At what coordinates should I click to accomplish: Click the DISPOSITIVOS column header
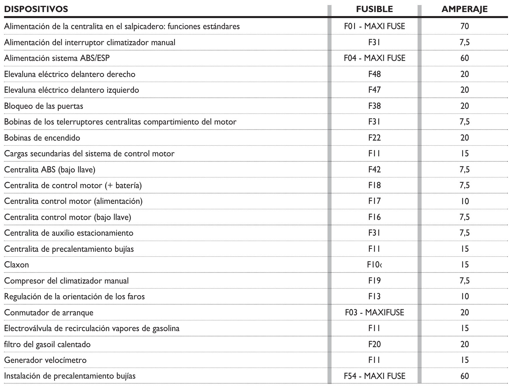tap(36, 9)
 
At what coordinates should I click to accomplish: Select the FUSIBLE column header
tap(374, 9)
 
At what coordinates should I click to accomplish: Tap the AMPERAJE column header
tap(464, 9)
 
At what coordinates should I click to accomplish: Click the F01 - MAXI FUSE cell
tap(374, 26)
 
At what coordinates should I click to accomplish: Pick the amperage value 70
tap(464, 26)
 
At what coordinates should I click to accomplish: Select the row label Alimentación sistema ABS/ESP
tap(57, 58)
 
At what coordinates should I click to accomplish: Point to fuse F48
tap(374, 74)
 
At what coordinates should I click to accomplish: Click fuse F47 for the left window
tap(374, 90)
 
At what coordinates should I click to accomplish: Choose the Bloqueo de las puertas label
tap(44, 106)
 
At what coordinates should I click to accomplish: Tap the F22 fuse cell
tap(374, 138)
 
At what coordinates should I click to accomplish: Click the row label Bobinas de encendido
tap(42, 138)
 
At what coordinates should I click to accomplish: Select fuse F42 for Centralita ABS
tap(374, 169)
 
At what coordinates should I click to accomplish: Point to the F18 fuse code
tap(374, 185)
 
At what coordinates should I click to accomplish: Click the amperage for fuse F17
tap(464, 201)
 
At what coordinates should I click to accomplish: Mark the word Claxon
tap(16, 265)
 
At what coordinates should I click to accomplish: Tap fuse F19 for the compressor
tap(374, 281)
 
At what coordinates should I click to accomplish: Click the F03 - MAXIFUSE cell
tap(374, 312)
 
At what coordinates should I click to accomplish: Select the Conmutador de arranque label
tap(49, 312)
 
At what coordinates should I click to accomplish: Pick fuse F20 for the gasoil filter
tap(374, 344)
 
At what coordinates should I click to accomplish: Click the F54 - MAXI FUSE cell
tap(374, 376)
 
